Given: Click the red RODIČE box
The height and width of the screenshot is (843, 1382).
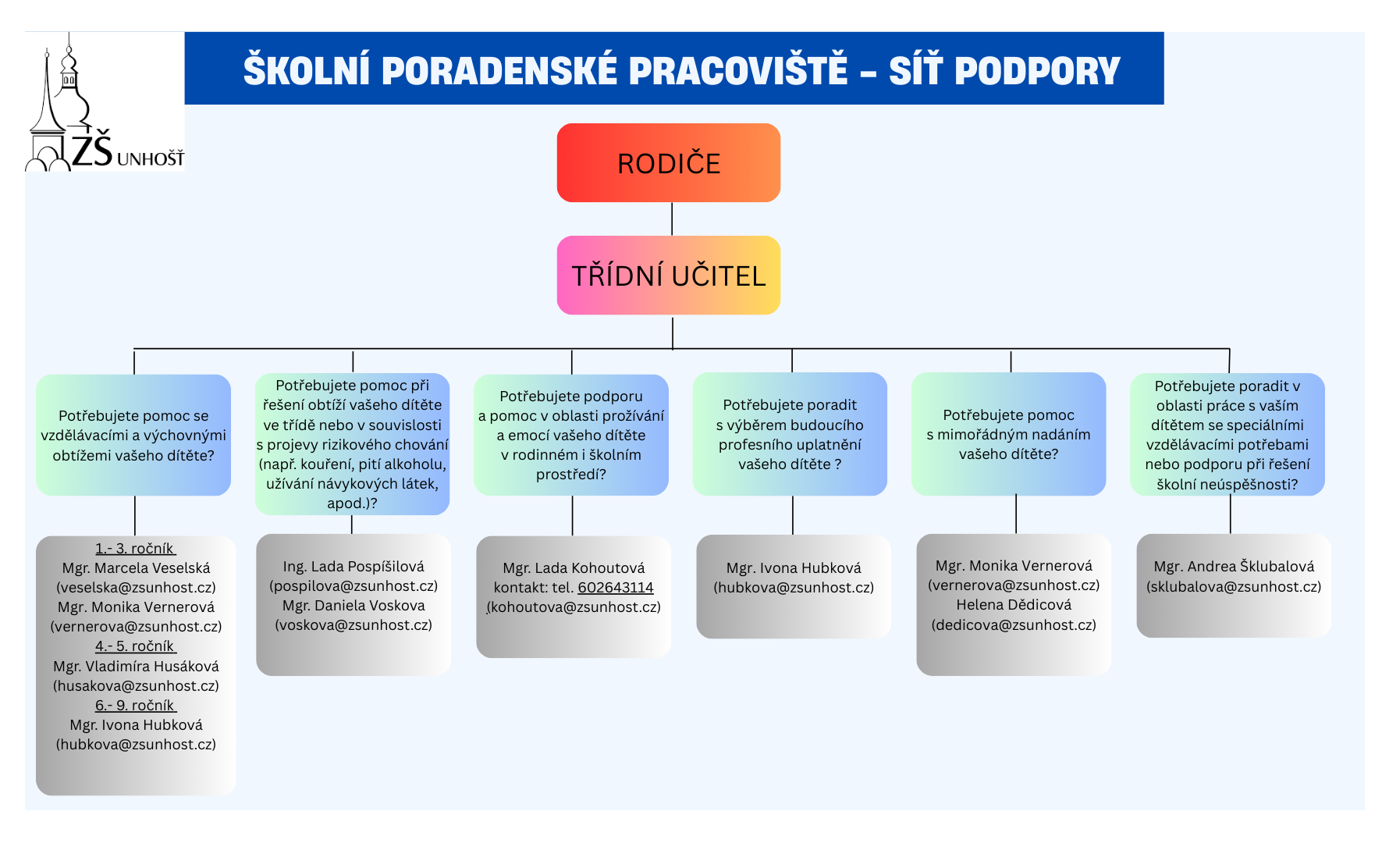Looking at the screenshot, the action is click(668, 162).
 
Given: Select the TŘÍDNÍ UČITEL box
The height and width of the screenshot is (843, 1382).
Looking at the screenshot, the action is click(668, 275).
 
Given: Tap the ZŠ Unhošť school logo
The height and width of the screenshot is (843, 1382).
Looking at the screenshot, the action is click(105, 101).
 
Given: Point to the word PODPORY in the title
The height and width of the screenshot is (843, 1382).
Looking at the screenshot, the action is click(1037, 70).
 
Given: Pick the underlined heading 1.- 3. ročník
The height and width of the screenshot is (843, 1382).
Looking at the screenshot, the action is click(135, 548).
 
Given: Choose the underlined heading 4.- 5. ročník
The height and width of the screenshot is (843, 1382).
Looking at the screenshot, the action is click(135, 646).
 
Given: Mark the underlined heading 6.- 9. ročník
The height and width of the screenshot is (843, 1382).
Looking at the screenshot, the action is click(135, 705).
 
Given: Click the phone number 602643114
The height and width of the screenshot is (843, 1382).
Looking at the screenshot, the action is click(615, 587).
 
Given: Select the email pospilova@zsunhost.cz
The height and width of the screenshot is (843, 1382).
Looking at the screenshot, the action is click(353, 585).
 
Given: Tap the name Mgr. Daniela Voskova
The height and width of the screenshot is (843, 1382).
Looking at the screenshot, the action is click(353, 605).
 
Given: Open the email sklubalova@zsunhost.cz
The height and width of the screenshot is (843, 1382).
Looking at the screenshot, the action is click(1234, 586).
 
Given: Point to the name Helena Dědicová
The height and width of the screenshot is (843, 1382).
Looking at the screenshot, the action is click(1014, 605).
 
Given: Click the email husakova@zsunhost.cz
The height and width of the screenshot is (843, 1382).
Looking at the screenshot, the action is click(136, 685).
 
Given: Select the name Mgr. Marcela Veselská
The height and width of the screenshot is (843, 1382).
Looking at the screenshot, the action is click(136, 567).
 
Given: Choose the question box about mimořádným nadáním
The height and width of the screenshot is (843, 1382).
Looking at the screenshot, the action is click(1008, 434).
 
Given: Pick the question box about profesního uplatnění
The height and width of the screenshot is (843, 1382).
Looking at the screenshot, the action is click(790, 434).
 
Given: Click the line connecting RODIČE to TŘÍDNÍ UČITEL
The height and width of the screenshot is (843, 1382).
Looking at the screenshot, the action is click(672, 219).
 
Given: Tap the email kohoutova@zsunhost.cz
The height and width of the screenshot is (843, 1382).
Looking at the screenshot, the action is click(574, 606).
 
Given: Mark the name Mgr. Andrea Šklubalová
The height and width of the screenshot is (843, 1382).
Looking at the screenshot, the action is click(1234, 566).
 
